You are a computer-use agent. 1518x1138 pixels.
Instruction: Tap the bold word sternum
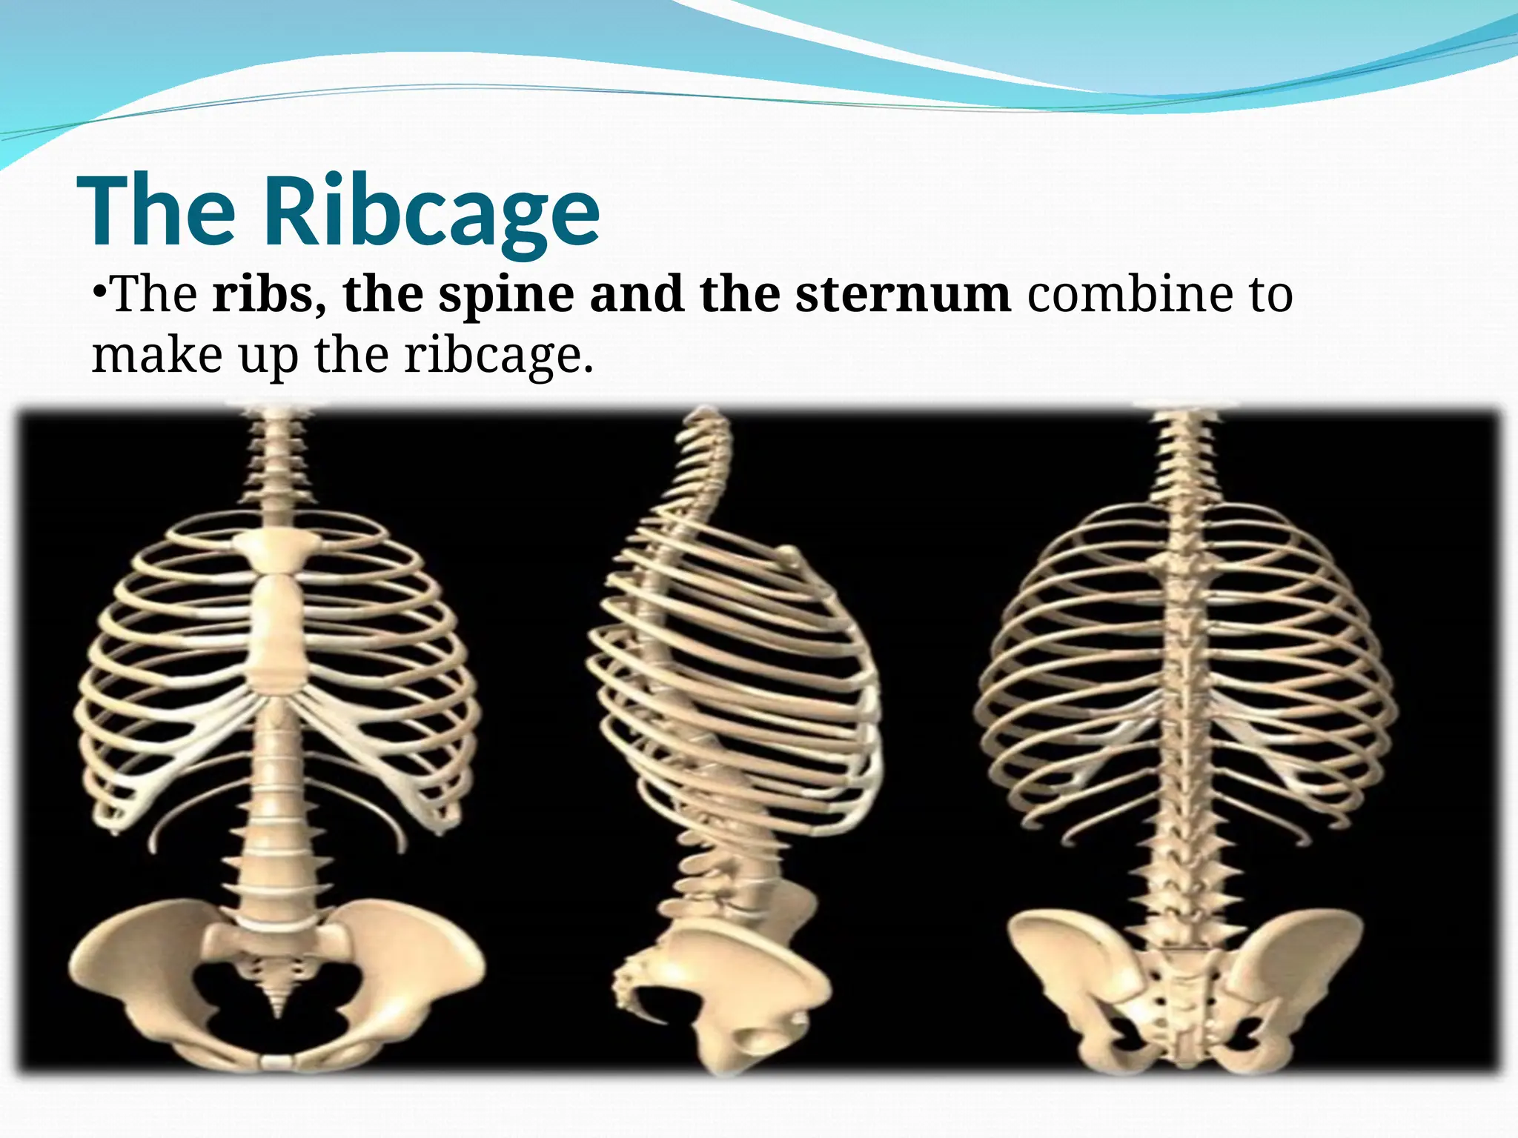[903, 295]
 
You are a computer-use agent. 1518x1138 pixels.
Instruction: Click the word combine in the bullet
[1127, 295]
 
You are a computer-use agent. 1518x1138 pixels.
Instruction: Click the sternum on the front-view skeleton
[279, 630]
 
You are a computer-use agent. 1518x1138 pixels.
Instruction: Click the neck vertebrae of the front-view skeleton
[276, 459]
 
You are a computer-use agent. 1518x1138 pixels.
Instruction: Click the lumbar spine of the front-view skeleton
[276, 852]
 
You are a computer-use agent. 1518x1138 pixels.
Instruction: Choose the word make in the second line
[156, 356]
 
